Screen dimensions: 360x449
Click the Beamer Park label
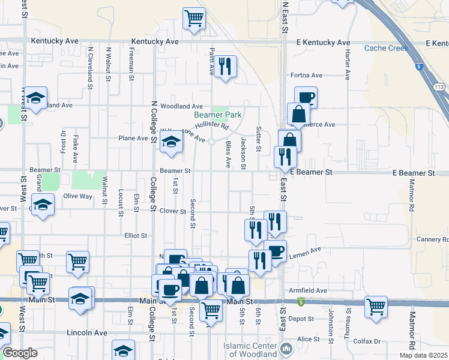point(209,114)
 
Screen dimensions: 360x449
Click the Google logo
point(20,353)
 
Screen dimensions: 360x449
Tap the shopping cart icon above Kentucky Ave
point(194,19)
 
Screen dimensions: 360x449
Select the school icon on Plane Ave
point(172,143)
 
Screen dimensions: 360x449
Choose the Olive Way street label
point(78,196)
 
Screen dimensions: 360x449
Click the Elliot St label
point(136,236)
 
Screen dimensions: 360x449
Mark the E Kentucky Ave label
point(323,43)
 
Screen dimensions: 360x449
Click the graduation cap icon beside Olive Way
point(43,205)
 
